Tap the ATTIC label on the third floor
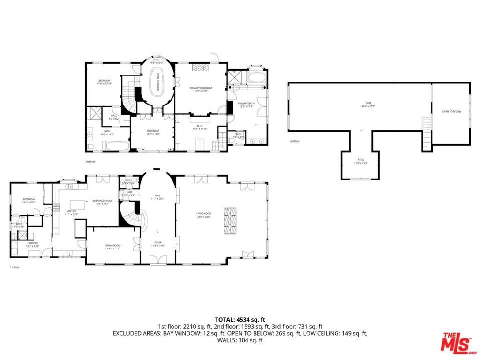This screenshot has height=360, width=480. (x=360, y=161)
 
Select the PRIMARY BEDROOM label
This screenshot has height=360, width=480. (x=201, y=89)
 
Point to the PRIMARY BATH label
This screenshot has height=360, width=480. (x=246, y=105)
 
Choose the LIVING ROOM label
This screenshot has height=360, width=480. (x=203, y=215)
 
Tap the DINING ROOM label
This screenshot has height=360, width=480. (x=112, y=246)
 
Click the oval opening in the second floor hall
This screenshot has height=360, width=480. (x=158, y=82)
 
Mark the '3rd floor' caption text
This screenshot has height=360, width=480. (x=295, y=141)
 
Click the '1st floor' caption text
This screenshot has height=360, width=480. (x=15, y=267)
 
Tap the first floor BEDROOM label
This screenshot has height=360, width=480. (x=29, y=200)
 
